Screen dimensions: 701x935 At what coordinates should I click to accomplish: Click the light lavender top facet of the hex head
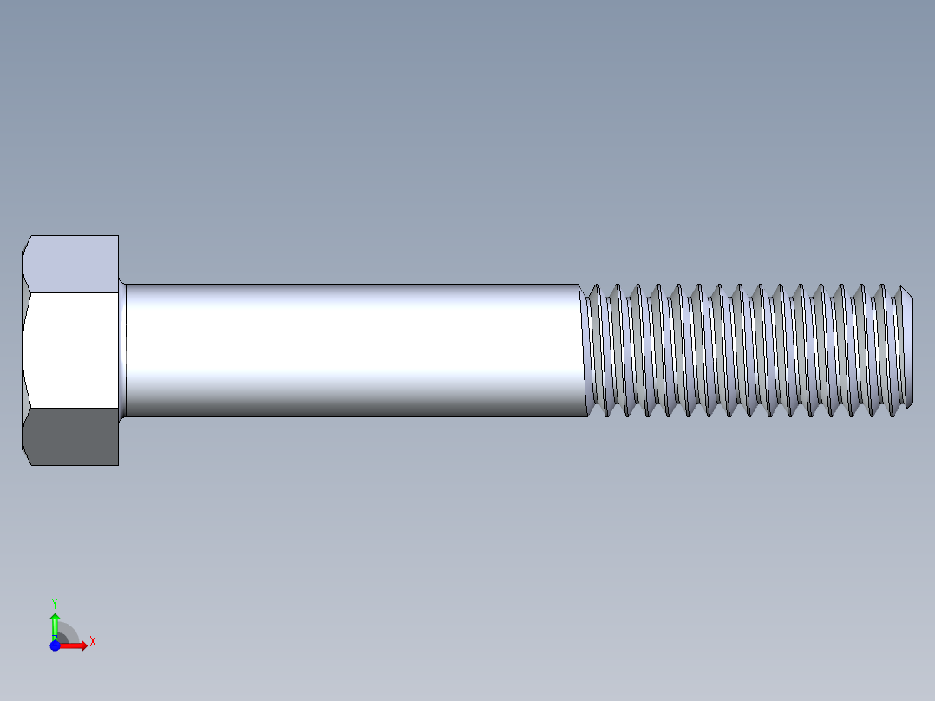tap(74, 264)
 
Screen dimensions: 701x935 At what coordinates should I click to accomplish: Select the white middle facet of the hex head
tap(69, 350)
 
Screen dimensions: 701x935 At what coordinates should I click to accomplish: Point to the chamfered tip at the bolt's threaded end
tap(906, 350)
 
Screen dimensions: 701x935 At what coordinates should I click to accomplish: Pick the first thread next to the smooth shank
tap(595, 350)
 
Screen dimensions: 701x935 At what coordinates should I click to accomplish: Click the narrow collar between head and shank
tap(122, 350)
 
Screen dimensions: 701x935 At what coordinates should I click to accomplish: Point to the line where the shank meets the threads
tap(582, 350)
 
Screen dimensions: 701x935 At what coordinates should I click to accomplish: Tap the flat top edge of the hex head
tap(75, 235)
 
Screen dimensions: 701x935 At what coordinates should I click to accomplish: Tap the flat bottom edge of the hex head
tap(75, 465)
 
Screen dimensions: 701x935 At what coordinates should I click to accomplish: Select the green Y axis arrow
tap(55, 623)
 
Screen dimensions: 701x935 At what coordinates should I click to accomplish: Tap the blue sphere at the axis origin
tap(55, 645)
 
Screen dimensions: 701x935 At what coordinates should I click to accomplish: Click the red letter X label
tap(92, 642)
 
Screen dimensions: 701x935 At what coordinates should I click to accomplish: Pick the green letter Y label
tap(54, 602)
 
